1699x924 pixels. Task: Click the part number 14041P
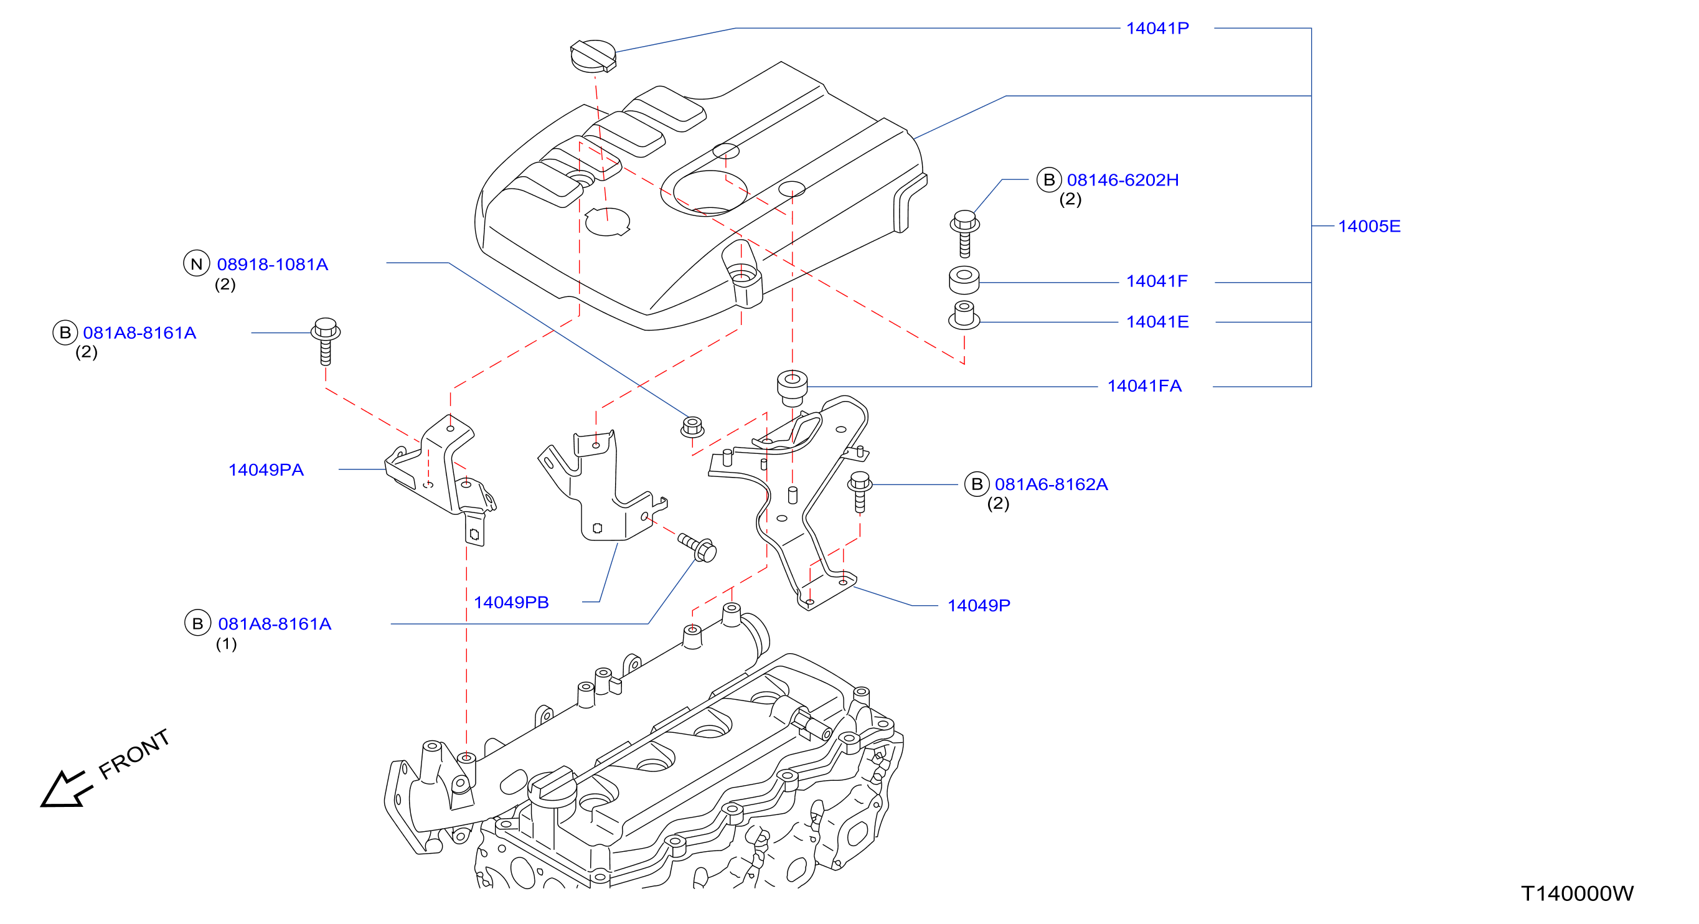[x=1157, y=29]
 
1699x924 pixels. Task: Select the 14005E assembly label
[x=1369, y=226]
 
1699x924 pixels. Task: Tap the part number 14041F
[x=1157, y=281]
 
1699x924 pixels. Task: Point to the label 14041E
[x=1157, y=322]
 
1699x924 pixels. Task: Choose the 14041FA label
[x=1144, y=386]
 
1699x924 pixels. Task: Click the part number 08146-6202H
[x=1122, y=180]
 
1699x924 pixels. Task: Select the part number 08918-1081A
[x=273, y=265]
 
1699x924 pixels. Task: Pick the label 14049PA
[x=266, y=469]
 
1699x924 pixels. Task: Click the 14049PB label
[x=511, y=602]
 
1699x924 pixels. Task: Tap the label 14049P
[x=979, y=605]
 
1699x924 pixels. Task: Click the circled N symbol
[x=197, y=264]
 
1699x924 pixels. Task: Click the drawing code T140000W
[x=1577, y=893]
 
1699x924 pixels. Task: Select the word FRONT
[x=134, y=754]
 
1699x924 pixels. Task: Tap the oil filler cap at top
[x=593, y=55]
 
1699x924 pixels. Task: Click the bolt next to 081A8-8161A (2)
[x=326, y=341]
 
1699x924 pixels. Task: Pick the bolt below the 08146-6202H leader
[x=964, y=233]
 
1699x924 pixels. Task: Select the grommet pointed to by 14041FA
[x=792, y=389]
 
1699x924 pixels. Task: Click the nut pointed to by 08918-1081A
[x=692, y=427]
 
